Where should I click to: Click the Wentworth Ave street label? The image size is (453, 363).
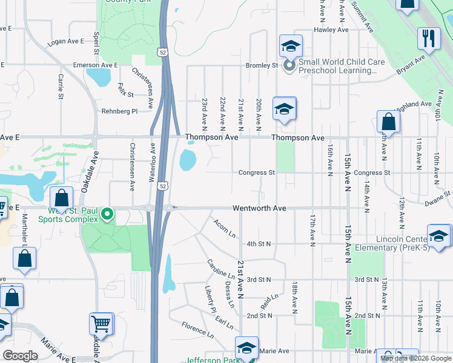259,208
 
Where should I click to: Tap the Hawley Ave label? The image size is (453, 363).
331,30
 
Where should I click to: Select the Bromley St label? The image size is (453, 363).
262,65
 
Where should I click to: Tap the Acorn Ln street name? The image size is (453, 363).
224,228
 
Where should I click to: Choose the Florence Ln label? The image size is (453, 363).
197,330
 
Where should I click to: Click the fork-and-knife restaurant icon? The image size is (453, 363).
429,39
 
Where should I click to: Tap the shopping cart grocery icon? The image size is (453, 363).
101,323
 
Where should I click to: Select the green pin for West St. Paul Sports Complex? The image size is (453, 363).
108,214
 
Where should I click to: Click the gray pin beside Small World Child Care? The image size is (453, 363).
289,65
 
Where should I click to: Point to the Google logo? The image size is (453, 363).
20,356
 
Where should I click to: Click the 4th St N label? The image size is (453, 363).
259,244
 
